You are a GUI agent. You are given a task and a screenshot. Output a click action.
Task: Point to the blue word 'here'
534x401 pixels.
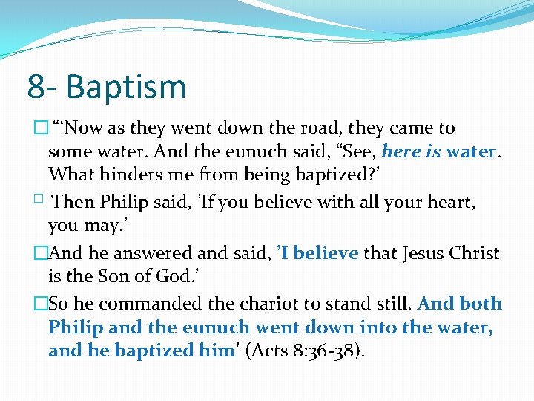click(x=401, y=151)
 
